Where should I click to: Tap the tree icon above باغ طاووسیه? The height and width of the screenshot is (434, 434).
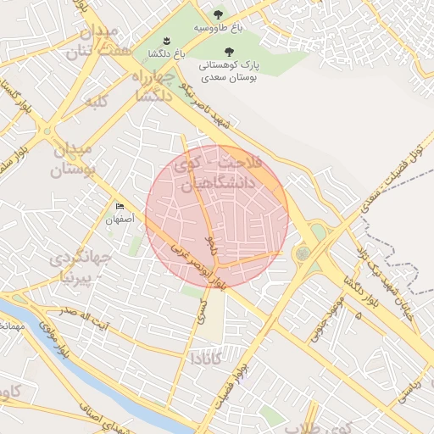click(x=219, y=14)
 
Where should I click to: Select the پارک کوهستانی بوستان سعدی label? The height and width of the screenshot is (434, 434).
click(x=230, y=71)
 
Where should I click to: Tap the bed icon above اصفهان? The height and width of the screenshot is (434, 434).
click(x=120, y=206)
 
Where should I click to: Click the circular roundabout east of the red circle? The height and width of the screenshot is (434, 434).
click(x=303, y=253)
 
